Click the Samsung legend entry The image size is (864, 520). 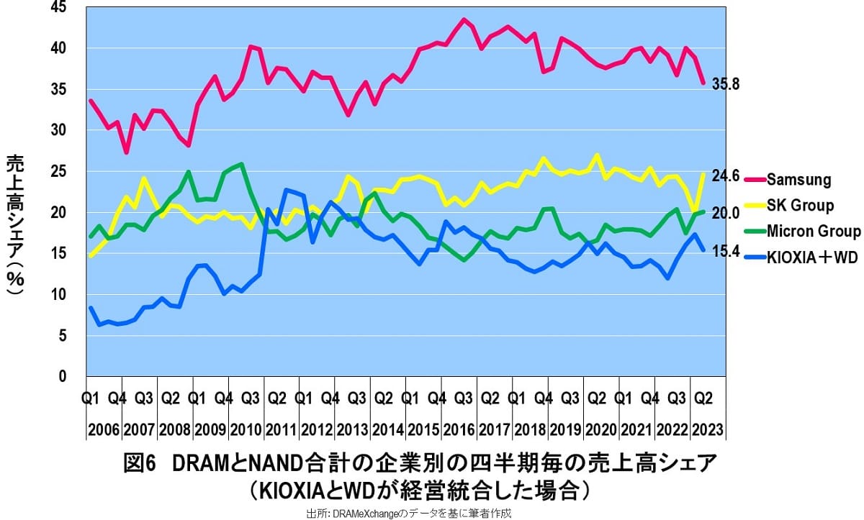click(x=798, y=179)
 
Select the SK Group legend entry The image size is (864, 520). click(x=800, y=205)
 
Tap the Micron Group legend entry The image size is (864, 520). click(x=813, y=231)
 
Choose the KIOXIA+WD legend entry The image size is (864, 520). click(x=811, y=257)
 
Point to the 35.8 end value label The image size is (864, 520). click(x=725, y=84)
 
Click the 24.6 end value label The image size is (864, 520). click(x=725, y=175)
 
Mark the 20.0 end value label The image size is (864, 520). click(x=725, y=213)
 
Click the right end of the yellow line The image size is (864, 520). click(x=703, y=174)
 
